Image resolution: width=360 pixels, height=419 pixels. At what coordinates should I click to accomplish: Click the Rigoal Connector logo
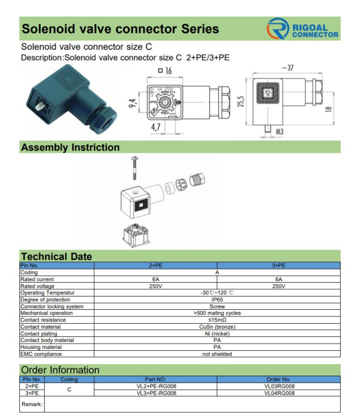302,29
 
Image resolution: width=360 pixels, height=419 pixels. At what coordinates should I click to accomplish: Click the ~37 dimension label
287,68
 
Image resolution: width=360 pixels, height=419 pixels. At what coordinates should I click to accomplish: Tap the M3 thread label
279,132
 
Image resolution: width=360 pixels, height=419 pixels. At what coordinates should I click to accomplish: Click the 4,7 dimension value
156,127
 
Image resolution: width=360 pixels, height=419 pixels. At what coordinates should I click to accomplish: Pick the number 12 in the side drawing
268,93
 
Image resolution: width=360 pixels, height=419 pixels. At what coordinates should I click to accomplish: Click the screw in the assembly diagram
133,167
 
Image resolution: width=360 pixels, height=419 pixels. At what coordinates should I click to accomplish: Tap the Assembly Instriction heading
70,147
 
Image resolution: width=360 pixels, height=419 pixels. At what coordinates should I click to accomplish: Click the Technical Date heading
56,257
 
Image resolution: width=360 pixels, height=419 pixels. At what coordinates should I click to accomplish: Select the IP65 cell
217,299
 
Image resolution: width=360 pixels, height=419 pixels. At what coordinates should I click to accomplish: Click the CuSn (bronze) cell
217,327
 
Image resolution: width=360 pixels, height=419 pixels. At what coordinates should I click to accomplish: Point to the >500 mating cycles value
217,313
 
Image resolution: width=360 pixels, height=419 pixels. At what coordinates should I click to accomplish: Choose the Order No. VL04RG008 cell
279,394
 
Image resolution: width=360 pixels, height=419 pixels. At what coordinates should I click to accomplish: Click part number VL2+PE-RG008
156,386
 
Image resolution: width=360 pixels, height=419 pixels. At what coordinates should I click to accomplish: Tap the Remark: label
32,405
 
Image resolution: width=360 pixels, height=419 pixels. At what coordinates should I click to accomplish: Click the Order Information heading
60,370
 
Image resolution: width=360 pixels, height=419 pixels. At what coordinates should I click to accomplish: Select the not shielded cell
217,354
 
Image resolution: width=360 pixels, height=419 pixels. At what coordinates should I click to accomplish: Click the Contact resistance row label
43,320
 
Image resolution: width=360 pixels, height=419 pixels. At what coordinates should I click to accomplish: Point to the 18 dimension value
328,109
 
